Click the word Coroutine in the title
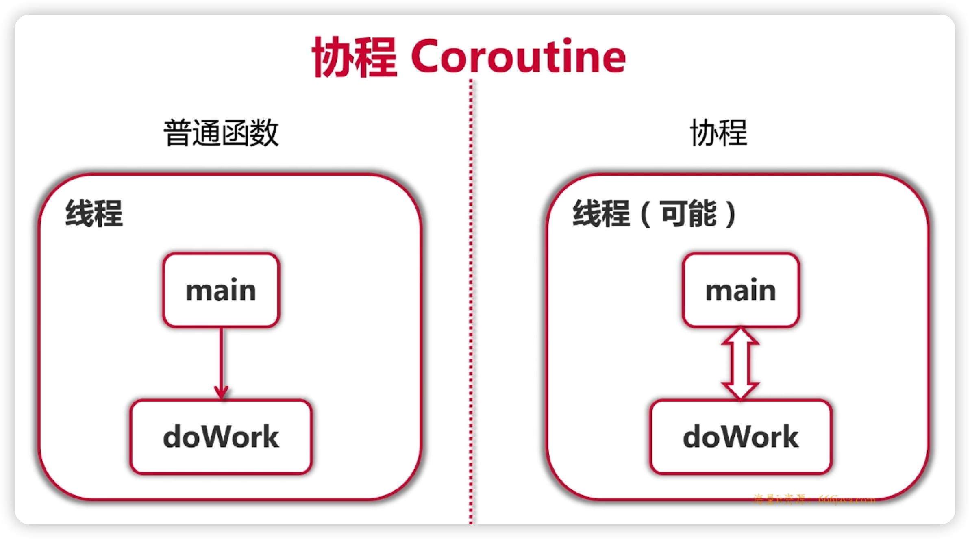coord(518,57)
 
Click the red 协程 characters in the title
coord(354,57)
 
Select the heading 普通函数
coord(221,133)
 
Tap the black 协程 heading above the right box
coord(718,133)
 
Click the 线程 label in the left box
coord(94,213)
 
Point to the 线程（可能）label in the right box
coord(655,213)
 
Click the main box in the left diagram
coord(221,290)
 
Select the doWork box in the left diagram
coord(221,437)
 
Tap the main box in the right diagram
coord(741,290)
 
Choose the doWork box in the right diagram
coord(741,437)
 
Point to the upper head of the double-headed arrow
coord(740,337)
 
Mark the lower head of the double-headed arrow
coord(740,390)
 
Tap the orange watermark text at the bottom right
coord(813,499)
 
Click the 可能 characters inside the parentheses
coord(689,213)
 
